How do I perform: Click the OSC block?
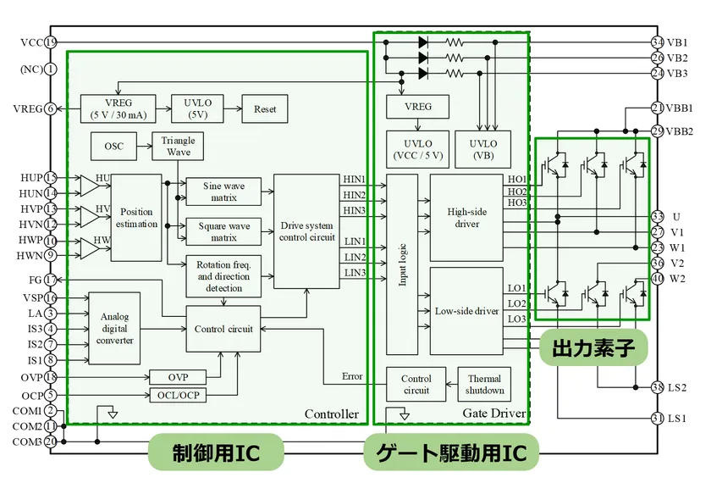113,146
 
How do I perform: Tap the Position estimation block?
136,218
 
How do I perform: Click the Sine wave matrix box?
224,191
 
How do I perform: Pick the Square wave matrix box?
224,231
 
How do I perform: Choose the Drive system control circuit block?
307,231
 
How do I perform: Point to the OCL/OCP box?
178,395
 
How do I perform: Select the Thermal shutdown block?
485,385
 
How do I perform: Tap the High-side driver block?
466,218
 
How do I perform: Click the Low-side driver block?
466,311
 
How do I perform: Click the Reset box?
265,109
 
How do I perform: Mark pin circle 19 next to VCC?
51,42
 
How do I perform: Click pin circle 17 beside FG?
51,280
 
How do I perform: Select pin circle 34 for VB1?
658,42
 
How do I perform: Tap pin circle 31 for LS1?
658,418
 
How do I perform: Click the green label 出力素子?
593,347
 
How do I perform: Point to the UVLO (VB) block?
483,149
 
